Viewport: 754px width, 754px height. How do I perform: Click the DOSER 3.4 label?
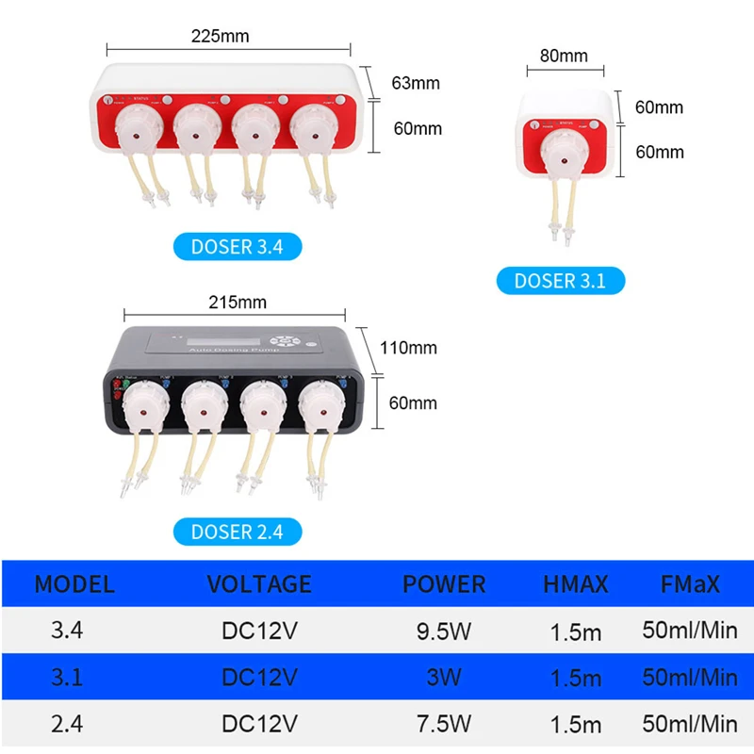237,248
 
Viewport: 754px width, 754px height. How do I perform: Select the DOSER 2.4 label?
237,531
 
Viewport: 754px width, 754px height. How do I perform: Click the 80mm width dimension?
564,56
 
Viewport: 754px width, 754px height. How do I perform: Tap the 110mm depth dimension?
408,348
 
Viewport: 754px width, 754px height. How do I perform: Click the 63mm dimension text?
416,83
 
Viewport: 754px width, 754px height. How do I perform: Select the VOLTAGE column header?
259,583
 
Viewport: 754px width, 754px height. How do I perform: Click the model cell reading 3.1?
67,677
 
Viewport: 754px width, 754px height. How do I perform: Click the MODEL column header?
74,583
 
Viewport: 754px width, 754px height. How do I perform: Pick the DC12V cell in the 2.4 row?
259,724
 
